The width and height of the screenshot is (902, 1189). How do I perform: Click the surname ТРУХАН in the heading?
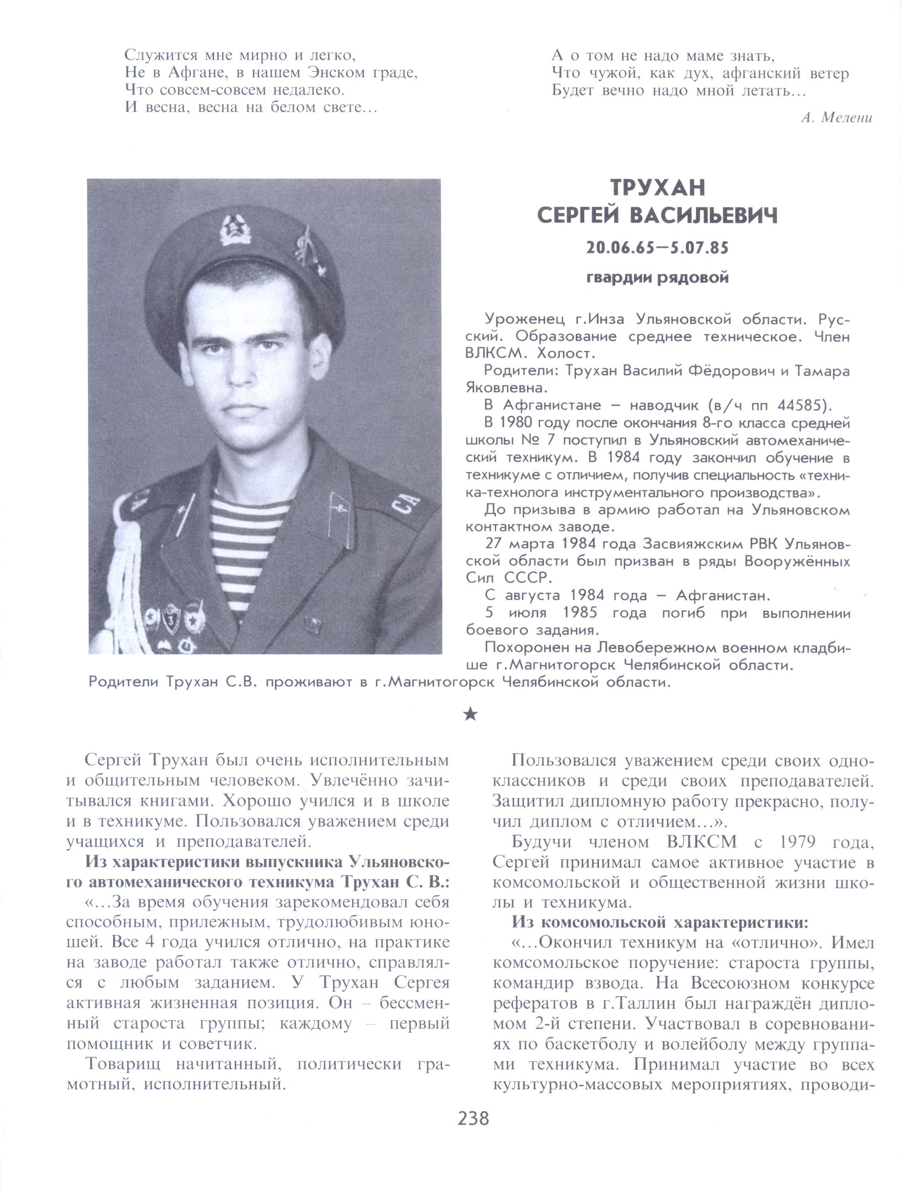pos(658,188)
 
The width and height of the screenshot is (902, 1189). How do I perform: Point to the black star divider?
pos(470,714)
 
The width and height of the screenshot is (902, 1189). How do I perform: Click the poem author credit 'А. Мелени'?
pos(836,118)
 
